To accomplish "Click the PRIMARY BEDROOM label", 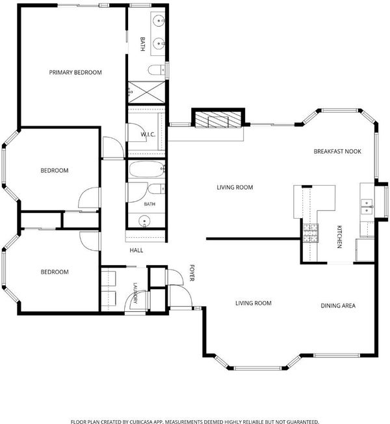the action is click(75, 72).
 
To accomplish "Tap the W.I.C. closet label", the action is click(148, 134).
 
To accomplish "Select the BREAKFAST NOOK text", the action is click(337, 151).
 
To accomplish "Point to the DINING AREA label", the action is click(338, 306).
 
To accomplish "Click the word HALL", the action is click(136, 250).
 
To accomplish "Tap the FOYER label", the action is click(192, 273).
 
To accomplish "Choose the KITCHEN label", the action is click(339, 237).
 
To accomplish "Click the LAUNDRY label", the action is click(135, 293).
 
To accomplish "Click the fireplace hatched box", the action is click(218, 119).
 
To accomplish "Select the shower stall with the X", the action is click(146, 92).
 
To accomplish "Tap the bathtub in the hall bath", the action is click(147, 169).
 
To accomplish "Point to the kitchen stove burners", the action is click(311, 233).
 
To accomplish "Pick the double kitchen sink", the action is click(367, 207).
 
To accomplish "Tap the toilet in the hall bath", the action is click(156, 189).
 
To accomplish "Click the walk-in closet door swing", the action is click(137, 132).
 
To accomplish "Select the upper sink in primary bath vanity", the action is click(159, 21).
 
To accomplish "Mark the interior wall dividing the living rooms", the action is click(253, 239).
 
